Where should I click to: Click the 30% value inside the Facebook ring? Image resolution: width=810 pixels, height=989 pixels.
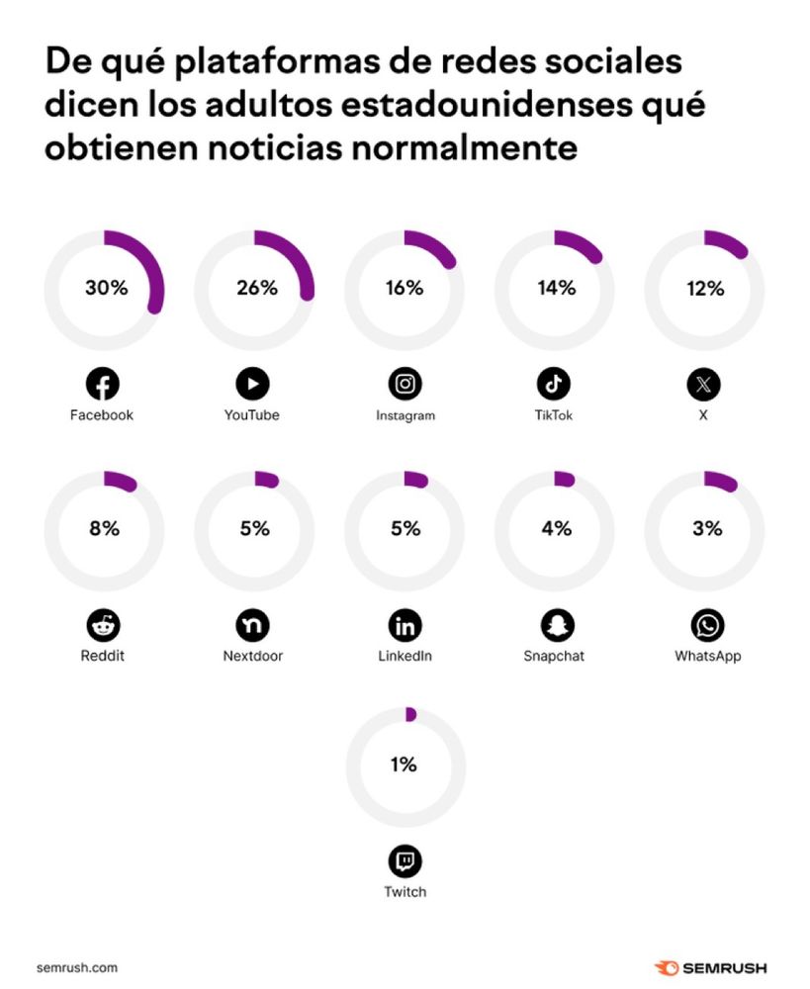tap(105, 288)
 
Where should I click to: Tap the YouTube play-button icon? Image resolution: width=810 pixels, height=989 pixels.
tap(252, 384)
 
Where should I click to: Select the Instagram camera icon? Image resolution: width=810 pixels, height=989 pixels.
tap(405, 384)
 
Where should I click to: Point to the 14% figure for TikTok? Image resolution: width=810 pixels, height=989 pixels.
tap(556, 288)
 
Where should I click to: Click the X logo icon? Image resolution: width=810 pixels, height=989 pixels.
tap(704, 384)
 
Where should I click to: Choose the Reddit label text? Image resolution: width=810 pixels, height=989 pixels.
tap(104, 656)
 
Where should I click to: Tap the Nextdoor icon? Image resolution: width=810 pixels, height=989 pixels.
tap(252, 625)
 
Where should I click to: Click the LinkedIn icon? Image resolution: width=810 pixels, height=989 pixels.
tap(405, 625)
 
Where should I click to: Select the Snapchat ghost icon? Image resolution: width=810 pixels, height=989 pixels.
tap(556, 625)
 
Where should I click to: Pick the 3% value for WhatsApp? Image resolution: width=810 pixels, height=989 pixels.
tap(707, 528)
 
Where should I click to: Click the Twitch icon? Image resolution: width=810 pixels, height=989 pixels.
tap(405, 862)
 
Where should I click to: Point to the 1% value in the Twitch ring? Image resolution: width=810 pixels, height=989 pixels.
tap(404, 764)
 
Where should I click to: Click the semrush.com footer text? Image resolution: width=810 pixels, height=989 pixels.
tap(77, 967)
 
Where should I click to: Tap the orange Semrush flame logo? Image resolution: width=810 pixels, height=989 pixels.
tap(666, 967)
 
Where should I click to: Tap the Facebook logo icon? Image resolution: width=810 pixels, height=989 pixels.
tap(102, 384)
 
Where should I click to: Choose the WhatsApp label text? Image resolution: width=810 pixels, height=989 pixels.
tap(707, 656)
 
